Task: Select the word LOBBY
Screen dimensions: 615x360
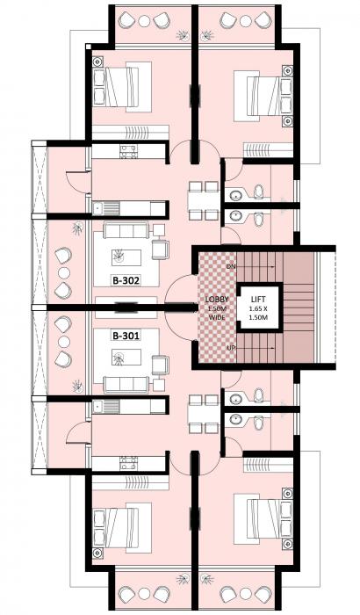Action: pyautogui.click(x=217, y=299)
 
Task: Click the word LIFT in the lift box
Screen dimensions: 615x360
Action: pyautogui.click(x=258, y=299)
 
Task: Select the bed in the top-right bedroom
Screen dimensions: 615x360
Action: pyautogui.click(x=261, y=93)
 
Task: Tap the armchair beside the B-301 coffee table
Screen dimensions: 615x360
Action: pyautogui.click(x=160, y=363)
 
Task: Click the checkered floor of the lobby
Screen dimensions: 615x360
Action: pyautogui.click(x=217, y=325)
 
